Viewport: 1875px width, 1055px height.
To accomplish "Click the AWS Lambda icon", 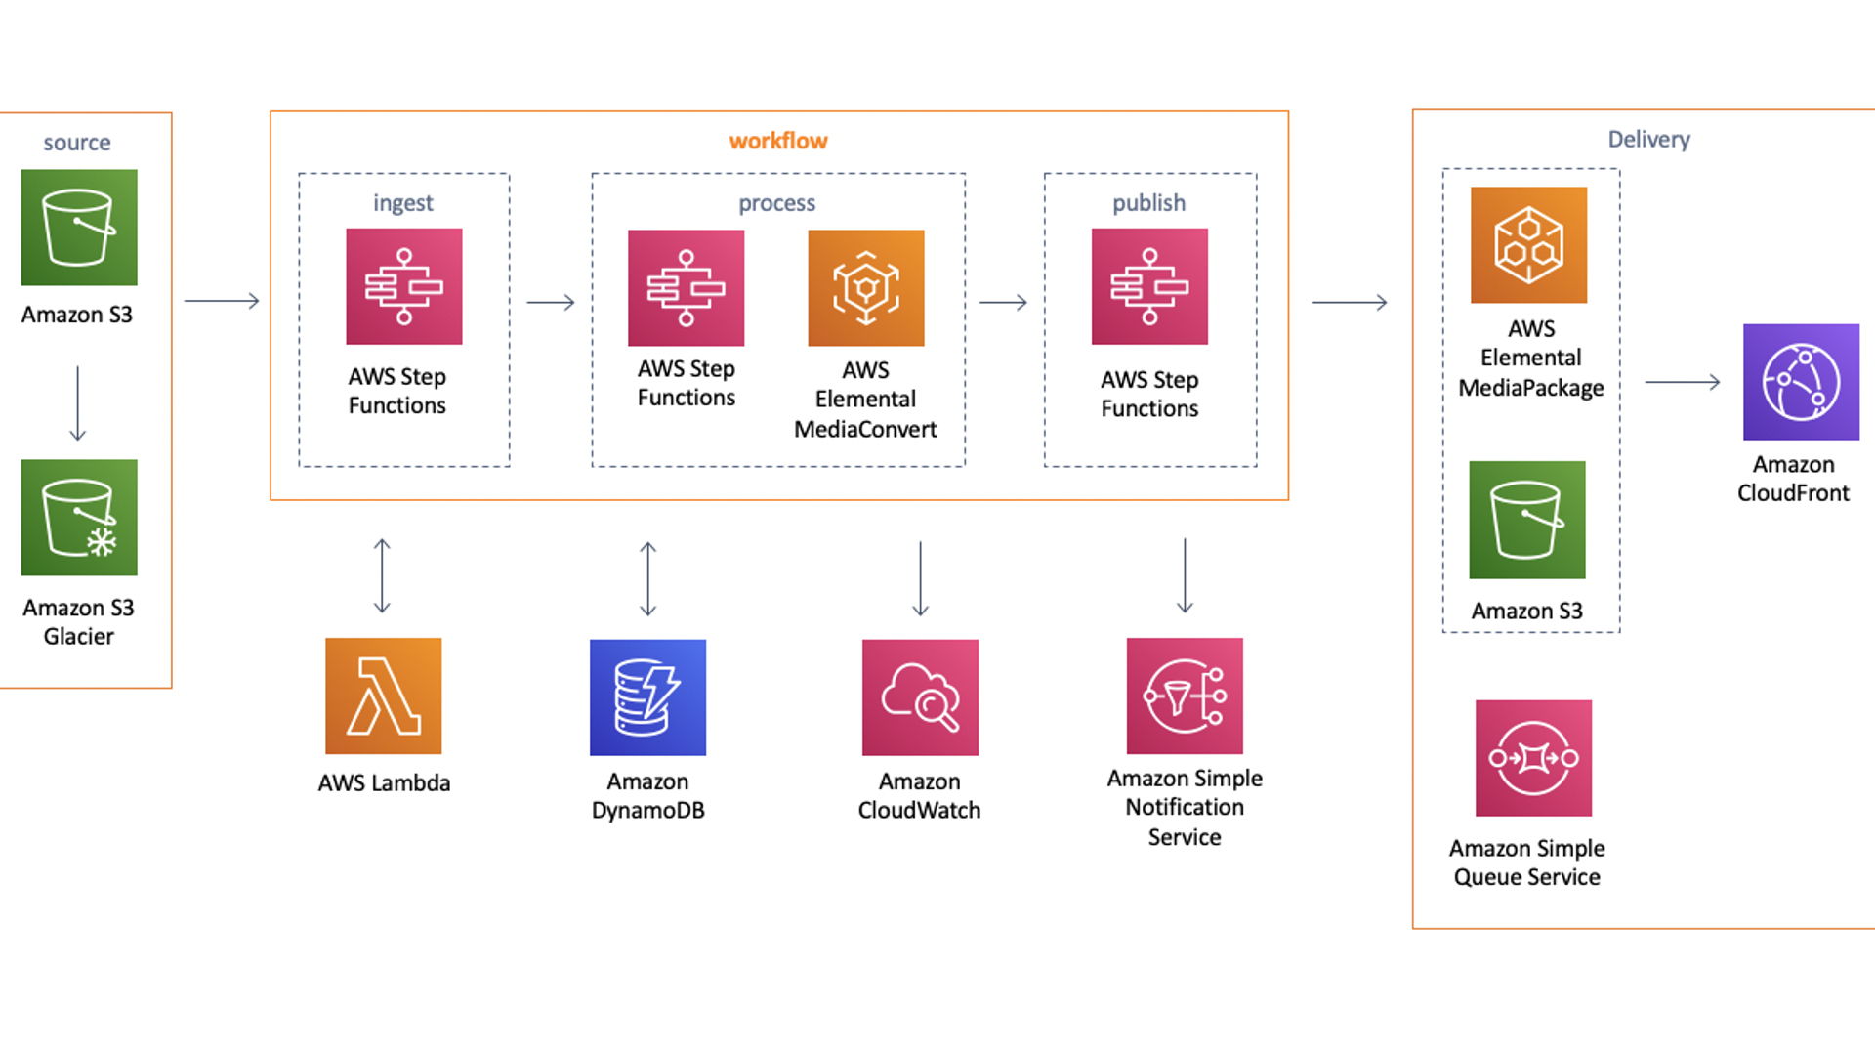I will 383,696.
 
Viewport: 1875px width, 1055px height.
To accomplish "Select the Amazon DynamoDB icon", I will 647,697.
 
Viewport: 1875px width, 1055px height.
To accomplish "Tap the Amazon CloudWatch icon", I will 920,697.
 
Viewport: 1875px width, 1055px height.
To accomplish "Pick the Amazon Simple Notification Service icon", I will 1185,696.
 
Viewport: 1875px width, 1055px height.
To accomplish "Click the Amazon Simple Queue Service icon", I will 1533,758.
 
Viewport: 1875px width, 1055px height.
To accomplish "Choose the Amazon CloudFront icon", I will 1801,382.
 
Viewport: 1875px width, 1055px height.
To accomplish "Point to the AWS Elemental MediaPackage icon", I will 1528,245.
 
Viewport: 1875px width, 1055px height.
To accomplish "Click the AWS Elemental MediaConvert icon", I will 865,288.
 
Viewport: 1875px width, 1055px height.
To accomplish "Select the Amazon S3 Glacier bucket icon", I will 79,518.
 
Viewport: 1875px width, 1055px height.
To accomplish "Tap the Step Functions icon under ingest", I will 403,286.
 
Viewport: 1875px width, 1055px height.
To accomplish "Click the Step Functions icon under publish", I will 1149,286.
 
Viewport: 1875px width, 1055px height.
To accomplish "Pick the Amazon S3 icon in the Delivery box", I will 1527,520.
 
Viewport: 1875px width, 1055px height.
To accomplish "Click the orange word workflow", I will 778,141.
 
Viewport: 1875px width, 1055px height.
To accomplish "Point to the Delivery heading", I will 1648,139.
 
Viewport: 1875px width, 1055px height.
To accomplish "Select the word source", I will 77,143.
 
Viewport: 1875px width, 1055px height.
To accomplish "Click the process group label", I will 776,203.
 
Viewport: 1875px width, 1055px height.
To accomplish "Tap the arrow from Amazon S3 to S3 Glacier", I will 78,403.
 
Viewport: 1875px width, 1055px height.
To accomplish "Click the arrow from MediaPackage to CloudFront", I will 1682,382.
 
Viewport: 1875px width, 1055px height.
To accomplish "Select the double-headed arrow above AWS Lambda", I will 382,576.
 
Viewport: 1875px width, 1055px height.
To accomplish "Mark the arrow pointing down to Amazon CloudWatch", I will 920,578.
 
